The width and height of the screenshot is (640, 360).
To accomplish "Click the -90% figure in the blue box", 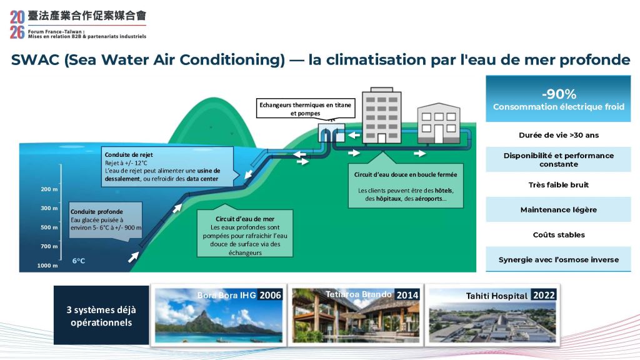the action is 559,94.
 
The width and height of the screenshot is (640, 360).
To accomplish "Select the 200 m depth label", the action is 49,189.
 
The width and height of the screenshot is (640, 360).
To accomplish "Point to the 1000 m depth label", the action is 47,266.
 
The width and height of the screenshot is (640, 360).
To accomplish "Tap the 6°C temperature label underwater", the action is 79,261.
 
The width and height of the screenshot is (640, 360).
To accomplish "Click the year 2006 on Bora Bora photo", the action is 270,295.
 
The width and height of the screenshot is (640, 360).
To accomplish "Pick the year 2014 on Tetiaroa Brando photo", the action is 407,295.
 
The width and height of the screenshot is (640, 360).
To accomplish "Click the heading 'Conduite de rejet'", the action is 129,155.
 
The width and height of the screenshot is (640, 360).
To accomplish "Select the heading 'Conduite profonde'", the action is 97,211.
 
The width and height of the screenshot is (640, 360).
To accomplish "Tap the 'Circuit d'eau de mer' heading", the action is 245,219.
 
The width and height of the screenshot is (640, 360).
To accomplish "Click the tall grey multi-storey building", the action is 382,116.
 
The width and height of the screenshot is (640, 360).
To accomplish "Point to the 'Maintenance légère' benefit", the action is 558,210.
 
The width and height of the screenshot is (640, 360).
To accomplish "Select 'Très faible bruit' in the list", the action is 558,185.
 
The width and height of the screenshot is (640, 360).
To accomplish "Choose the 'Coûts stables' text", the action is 559,235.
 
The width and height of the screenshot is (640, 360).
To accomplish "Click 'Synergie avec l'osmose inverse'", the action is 558,259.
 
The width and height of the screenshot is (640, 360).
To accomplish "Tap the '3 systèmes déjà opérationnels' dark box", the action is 101,315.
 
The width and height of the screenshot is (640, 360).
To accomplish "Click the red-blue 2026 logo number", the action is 17,25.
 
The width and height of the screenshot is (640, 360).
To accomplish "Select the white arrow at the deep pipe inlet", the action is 134,257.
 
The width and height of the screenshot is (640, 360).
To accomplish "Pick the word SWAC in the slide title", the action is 36,59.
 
